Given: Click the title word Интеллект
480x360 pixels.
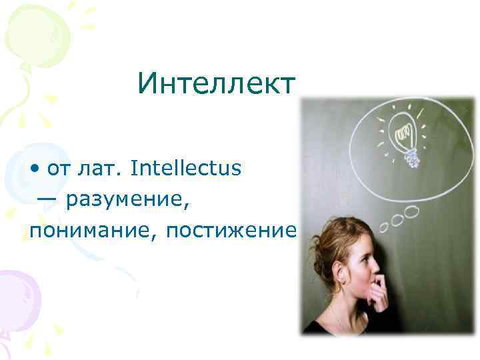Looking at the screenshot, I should [216, 83].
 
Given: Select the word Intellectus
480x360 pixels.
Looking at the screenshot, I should [186, 168].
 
